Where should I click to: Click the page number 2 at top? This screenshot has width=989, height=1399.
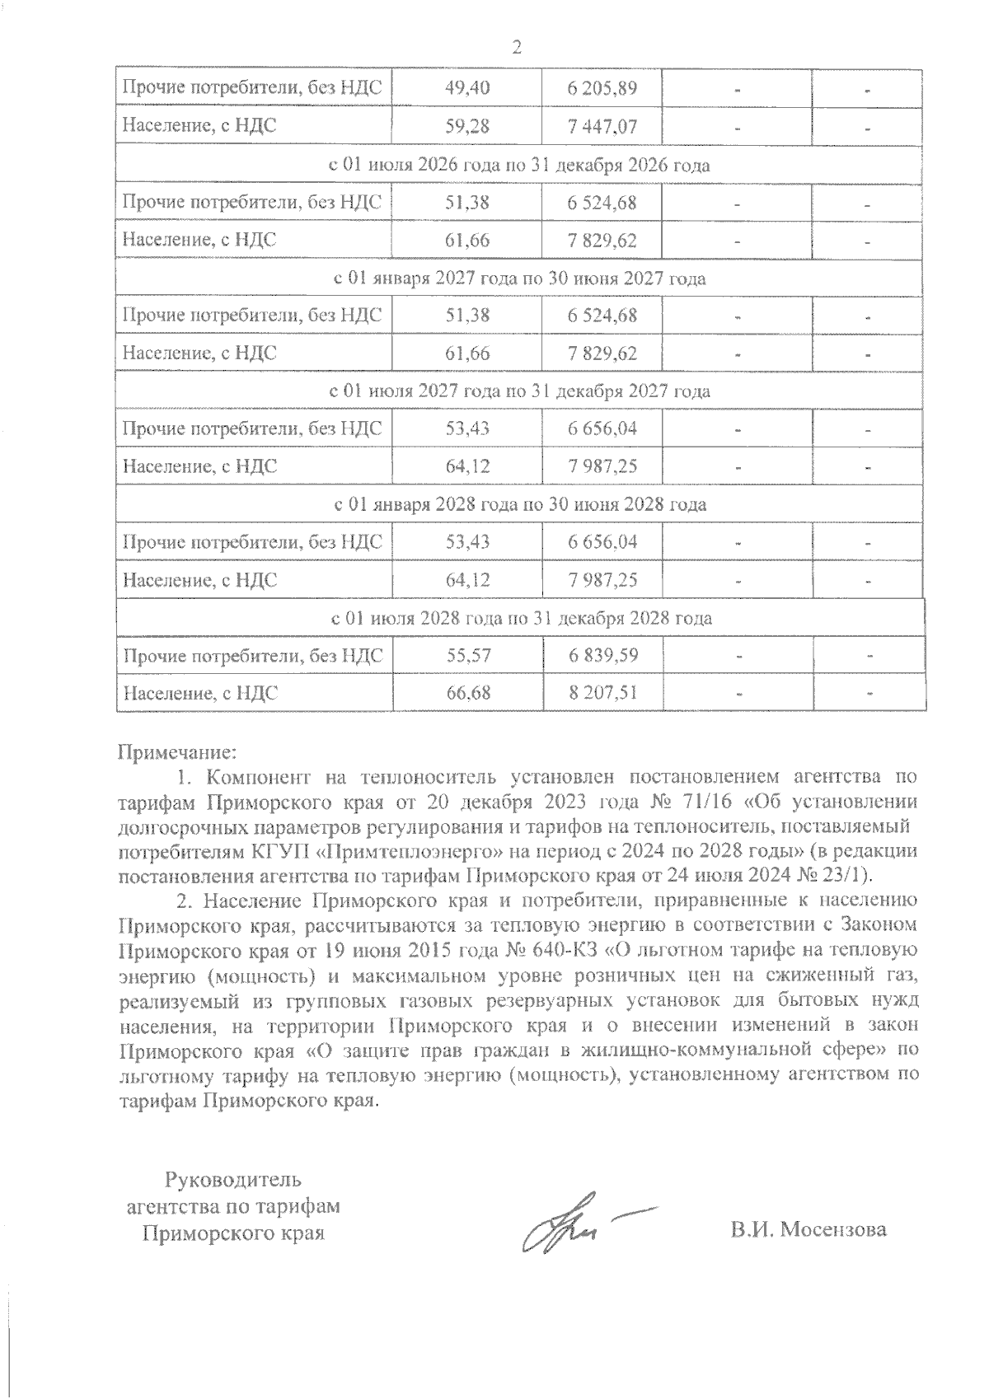tap(517, 47)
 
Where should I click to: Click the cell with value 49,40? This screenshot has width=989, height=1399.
tap(467, 89)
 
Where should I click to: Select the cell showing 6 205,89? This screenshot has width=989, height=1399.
tap(602, 89)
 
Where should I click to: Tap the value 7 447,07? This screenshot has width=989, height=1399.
tap(602, 127)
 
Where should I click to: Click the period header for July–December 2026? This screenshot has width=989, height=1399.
tap(519, 165)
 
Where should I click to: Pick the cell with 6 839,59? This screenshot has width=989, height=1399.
tap(602, 656)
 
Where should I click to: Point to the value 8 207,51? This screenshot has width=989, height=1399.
tap(602, 693)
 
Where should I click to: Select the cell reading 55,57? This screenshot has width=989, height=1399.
tap(467, 656)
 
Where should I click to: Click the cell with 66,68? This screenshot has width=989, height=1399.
tap(467, 693)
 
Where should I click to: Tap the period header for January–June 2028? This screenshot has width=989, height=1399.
tap(519, 504)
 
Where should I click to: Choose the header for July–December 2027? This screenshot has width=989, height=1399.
tap(519, 391)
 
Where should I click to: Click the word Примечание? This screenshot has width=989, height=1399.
tap(178, 751)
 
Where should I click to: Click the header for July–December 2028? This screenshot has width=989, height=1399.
tap(519, 618)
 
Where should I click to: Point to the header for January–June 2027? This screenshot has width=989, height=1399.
tap(519, 278)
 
